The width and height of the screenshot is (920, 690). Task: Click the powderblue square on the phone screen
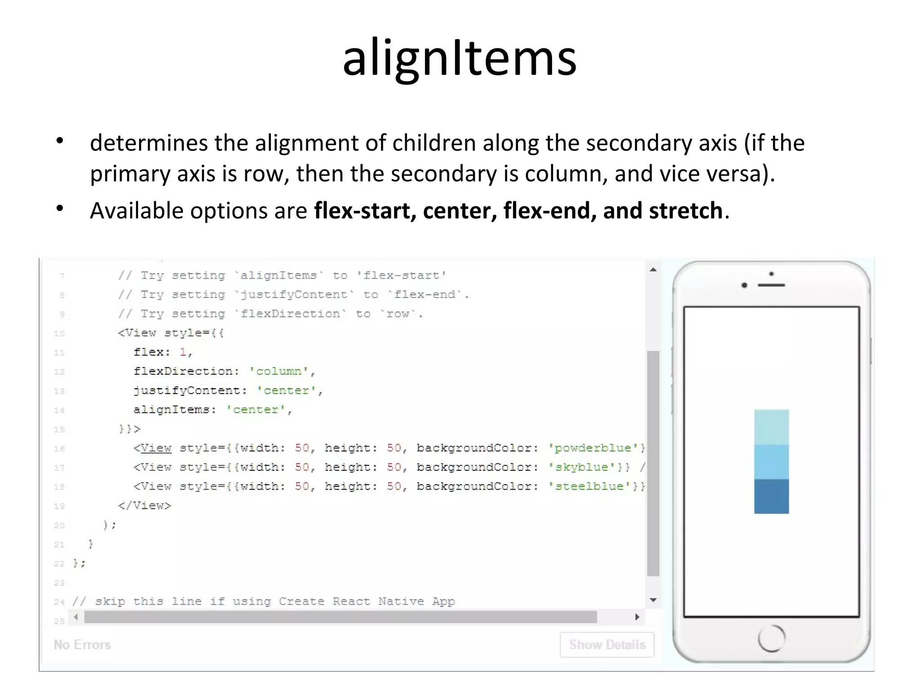coord(771,427)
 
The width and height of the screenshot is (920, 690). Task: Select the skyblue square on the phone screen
coord(771,462)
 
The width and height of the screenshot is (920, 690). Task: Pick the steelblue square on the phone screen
coord(771,496)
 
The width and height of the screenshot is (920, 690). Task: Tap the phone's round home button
coord(771,638)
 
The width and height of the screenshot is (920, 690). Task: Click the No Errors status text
coord(82,645)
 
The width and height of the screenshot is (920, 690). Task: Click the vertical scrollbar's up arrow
coord(653,270)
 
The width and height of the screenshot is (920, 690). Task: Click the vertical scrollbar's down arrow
coord(653,600)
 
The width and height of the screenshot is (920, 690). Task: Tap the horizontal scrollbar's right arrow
coord(637,617)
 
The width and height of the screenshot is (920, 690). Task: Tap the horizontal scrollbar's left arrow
coord(76,617)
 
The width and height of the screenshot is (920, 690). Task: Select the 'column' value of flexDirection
coord(279,372)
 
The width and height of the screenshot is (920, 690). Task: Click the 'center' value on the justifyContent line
coord(287,391)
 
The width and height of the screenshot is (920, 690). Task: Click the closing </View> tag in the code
coord(145,506)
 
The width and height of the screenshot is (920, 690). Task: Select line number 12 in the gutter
coord(59,372)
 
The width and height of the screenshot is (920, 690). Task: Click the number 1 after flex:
coord(183,352)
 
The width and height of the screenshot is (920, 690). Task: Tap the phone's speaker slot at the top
coord(771,285)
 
